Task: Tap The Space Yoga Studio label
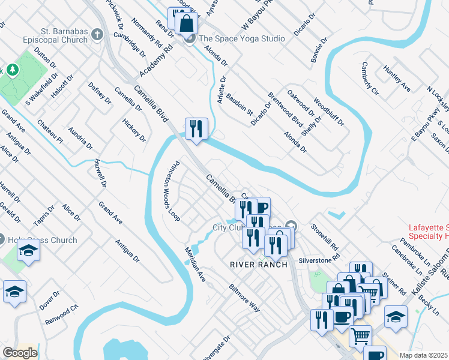[241, 39]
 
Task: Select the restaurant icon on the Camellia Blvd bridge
[196, 128]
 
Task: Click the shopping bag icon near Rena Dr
[187, 24]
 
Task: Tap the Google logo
[19, 353]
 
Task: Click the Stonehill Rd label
[325, 237]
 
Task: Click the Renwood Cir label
[62, 316]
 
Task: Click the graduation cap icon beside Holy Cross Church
[28, 250]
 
